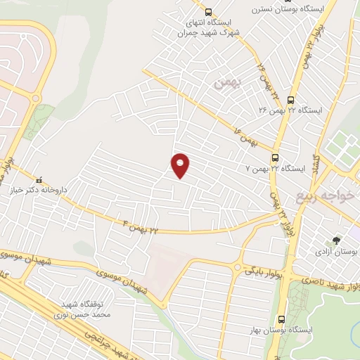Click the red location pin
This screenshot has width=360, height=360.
[181, 165]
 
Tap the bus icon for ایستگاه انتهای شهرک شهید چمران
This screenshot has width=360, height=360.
[207, 11]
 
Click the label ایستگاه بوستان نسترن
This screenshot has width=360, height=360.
[296, 8]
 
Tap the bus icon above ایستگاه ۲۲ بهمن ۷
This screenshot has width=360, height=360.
[275, 158]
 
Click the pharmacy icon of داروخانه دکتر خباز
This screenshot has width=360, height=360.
[40, 179]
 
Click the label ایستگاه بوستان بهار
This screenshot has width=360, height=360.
[280, 329]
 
